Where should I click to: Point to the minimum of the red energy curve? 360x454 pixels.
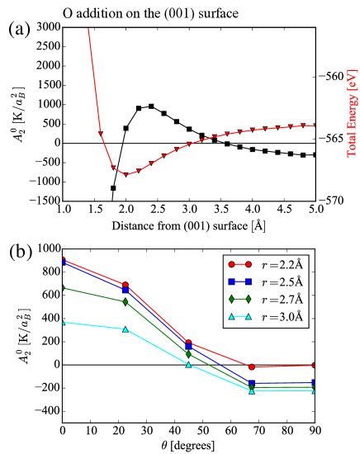click(x=126, y=174)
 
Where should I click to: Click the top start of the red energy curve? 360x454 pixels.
click(x=88, y=30)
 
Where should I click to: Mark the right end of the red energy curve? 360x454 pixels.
click(x=315, y=125)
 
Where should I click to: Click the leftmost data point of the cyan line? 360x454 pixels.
click(x=64, y=323)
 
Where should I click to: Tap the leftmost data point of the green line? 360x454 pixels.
click(x=64, y=288)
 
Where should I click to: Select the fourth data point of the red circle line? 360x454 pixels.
click(x=252, y=367)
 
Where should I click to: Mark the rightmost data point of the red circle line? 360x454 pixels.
click(x=315, y=365)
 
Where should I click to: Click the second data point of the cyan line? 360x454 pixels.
click(x=126, y=329)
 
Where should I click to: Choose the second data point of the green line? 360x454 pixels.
click(x=126, y=302)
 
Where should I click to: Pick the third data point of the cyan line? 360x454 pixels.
click(x=189, y=364)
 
